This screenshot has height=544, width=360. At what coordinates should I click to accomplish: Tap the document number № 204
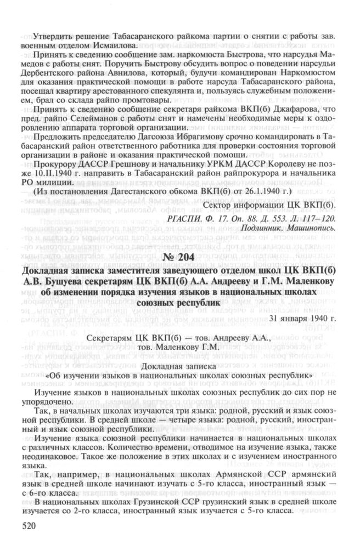(x=179, y=257)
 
